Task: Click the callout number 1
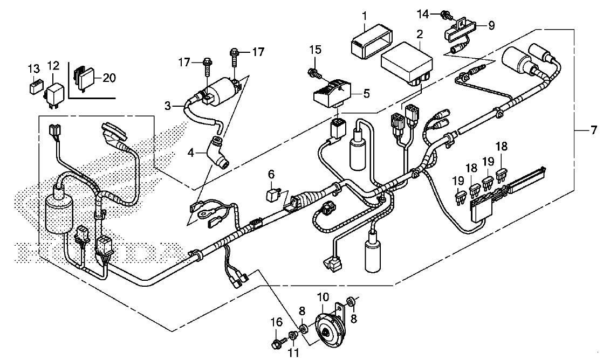[x=364, y=17]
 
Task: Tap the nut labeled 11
[x=293, y=336]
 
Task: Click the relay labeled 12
[x=54, y=94]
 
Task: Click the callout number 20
[x=109, y=78]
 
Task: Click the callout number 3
[x=167, y=106]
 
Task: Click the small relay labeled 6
[x=273, y=195]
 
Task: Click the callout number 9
[x=491, y=26]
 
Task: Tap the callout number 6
[x=271, y=175]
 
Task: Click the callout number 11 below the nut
[x=293, y=352]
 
